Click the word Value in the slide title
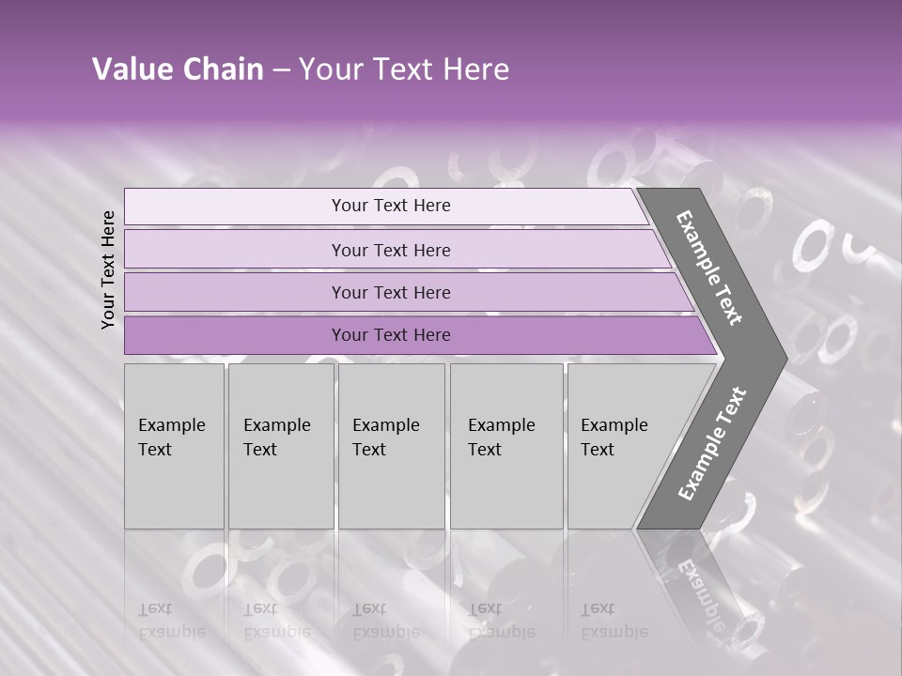point(131,69)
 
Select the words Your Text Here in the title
point(404,69)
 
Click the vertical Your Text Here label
point(108,269)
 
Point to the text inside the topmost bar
point(391,206)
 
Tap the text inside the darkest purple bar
point(391,335)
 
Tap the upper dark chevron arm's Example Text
point(709,268)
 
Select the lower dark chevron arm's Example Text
point(711,443)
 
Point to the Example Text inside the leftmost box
point(171,438)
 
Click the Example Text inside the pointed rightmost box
point(614,438)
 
